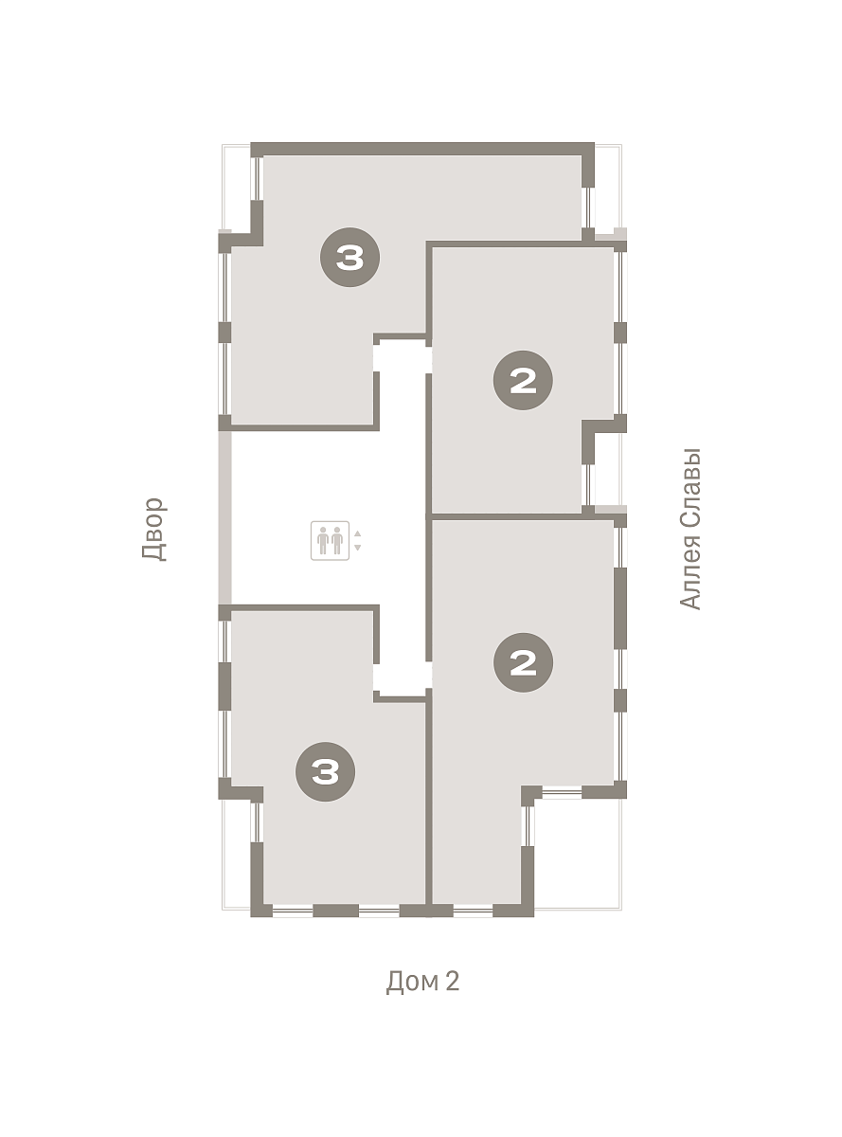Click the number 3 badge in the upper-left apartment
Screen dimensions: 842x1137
(350, 258)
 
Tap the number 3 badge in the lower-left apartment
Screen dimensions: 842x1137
(326, 771)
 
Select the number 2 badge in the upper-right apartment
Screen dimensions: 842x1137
(523, 380)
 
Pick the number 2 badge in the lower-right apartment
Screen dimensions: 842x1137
(523, 662)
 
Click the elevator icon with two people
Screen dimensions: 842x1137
(330, 540)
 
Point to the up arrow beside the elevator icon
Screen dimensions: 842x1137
(358, 533)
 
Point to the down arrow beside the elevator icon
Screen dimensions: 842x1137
(358, 548)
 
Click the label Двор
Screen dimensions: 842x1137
(153, 529)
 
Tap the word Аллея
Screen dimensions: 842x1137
(690, 570)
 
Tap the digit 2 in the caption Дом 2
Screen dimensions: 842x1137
(453, 981)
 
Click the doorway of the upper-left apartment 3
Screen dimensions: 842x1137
(376, 358)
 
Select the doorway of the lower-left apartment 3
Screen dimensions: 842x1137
(376, 677)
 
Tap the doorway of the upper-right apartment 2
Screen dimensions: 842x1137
(429, 359)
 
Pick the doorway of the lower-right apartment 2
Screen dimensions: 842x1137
(429, 675)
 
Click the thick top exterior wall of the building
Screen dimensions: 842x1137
(422, 149)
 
